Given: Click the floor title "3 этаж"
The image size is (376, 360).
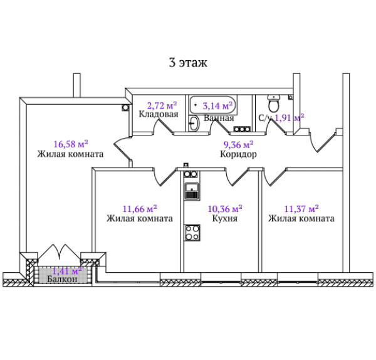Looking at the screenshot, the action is tap(188, 63).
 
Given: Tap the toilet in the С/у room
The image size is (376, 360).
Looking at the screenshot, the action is tap(274, 103).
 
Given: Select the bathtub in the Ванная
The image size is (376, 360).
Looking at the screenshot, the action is tap(213, 105).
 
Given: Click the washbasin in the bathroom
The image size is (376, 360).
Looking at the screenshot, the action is tap(194, 123).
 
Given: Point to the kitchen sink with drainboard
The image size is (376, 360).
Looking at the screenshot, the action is tap(191, 191).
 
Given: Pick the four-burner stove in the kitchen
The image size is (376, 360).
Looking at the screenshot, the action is tap(192, 233).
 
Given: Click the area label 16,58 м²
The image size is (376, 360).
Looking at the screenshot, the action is tap(71, 144).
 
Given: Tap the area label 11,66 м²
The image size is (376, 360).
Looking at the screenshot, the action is tap(140, 209).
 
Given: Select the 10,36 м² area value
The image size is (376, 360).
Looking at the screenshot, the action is tap(225, 209).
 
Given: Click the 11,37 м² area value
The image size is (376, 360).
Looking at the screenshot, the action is tap(301, 209).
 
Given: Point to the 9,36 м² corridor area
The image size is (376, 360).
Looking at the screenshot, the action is tap(238, 144).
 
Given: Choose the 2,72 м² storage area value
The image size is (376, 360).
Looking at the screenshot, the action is tap(162, 105).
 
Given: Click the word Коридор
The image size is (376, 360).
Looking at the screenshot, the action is tap(238, 154).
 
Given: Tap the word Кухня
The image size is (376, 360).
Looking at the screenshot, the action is tap(225, 218).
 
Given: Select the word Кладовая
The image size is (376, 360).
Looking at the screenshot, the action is tap(159, 114).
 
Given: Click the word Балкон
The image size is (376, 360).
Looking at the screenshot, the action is tap(62, 279).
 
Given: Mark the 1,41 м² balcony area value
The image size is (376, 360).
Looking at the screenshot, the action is tap(67, 271).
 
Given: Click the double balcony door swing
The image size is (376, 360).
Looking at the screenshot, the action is tap(60, 252).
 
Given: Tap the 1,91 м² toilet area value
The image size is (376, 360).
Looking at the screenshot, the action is tap(290, 118).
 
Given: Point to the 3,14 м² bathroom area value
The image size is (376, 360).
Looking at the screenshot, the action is tap(217, 105).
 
